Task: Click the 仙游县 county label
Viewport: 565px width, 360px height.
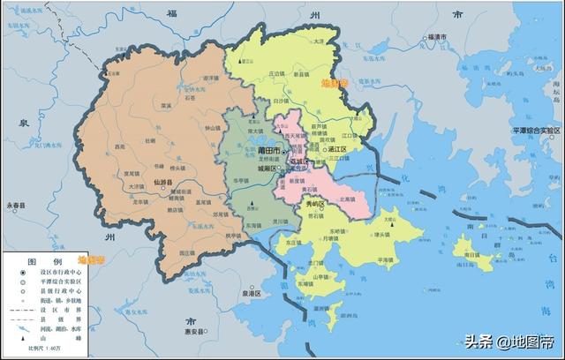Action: (162, 183)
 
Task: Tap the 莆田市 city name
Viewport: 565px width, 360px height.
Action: (266, 151)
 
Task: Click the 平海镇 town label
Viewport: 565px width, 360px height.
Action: (386, 260)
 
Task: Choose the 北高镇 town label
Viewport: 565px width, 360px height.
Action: (347, 199)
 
